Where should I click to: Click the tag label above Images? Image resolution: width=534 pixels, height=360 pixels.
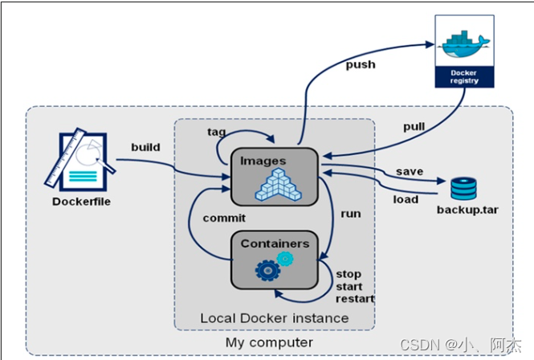pyautogui.click(x=216, y=131)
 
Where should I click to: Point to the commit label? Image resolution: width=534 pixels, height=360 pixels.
pyautogui.click(x=223, y=217)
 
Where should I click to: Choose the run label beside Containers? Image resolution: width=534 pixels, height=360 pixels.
pyautogui.click(x=350, y=215)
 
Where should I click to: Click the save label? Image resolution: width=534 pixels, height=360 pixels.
pyautogui.click(x=409, y=173)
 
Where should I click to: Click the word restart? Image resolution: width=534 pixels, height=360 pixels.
pyautogui.click(x=355, y=298)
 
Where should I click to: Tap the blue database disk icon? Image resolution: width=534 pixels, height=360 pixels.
pyautogui.click(x=463, y=189)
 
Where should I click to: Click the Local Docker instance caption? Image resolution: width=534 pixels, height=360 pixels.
pyautogui.click(x=274, y=318)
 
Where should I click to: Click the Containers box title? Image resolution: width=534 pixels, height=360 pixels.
pyautogui.click(x=275, y=243)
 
